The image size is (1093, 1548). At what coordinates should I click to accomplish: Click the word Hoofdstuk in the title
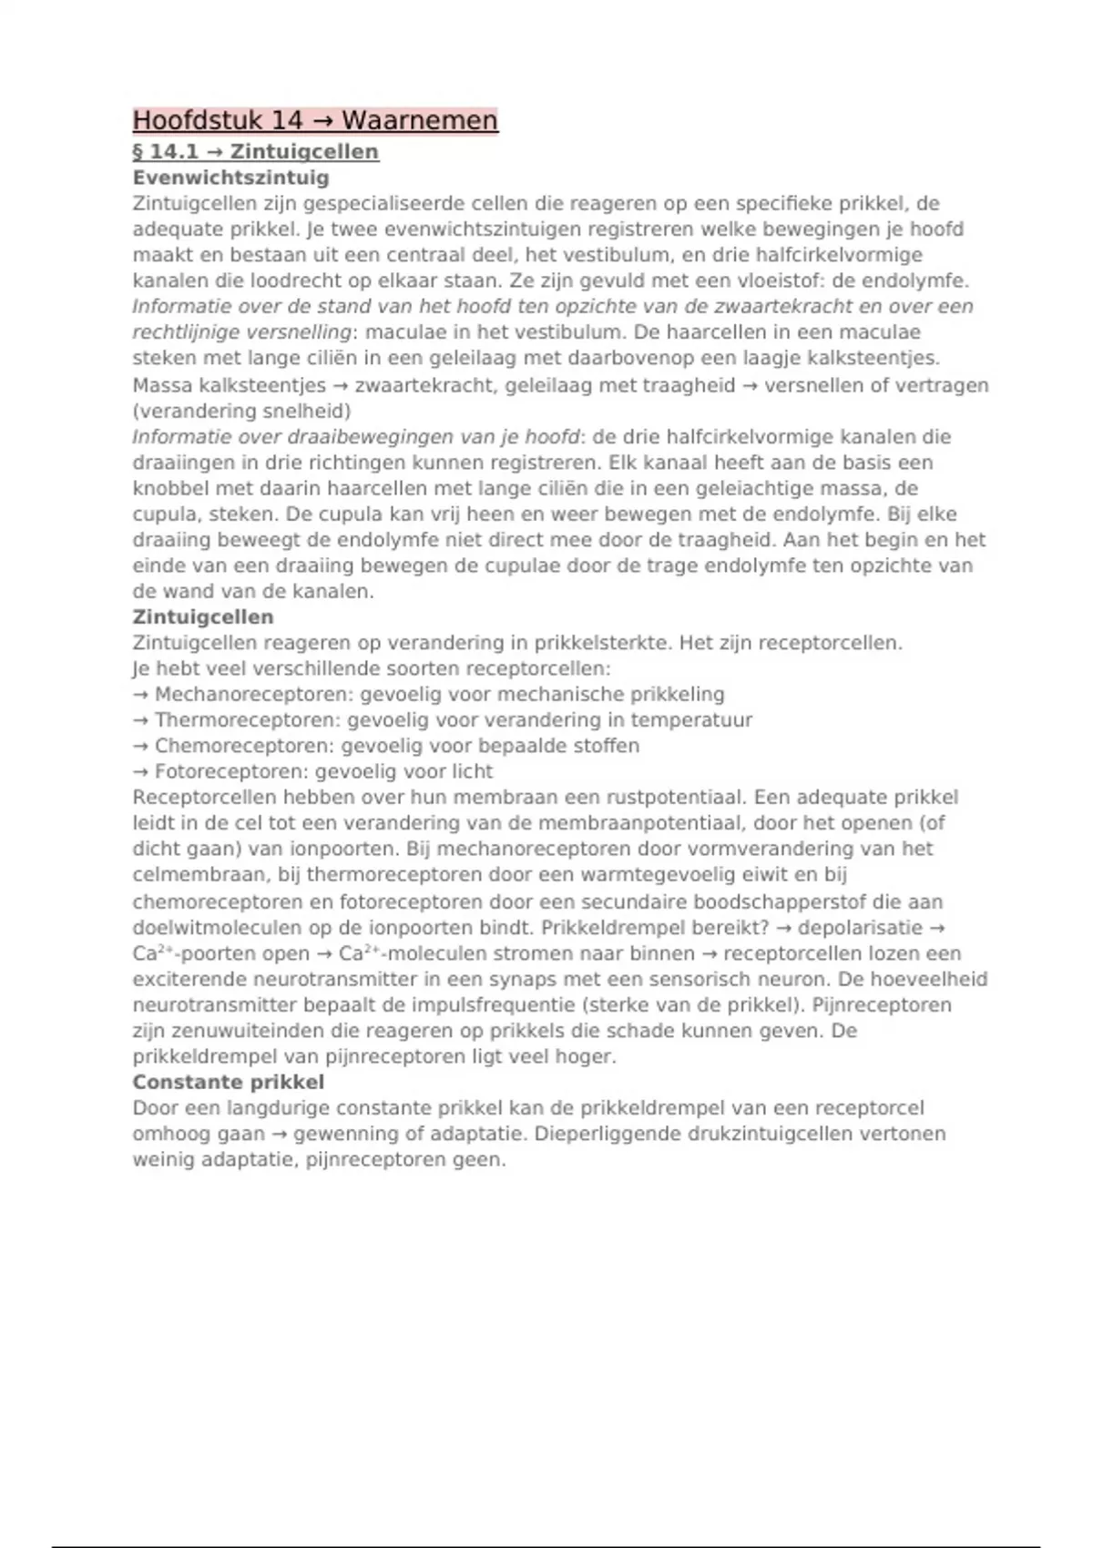tap(187, 120)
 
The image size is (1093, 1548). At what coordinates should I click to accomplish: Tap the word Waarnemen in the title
tap(420, 120)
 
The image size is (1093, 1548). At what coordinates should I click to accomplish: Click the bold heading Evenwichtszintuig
tap(230, 178)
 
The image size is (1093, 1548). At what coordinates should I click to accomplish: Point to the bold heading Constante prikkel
tap(228, 1083)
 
